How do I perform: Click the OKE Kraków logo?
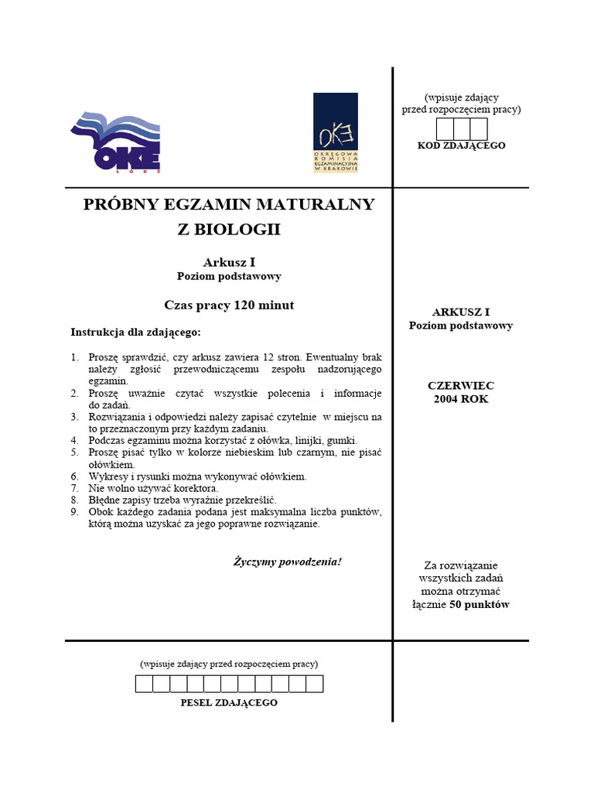tap(335, 132)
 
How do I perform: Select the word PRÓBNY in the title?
tap(121, 204)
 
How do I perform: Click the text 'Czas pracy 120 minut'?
tap(229, 305)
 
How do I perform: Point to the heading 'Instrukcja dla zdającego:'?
tap(135, 332)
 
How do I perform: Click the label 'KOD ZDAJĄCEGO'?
tap(461, 145)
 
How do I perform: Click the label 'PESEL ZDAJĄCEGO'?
tap(228, 702)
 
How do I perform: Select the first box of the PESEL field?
tap(144, 684)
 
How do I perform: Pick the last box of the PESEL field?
tap(314, 684)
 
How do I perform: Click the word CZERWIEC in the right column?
tap(461, 385)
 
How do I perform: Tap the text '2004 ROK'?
tap(461, 399)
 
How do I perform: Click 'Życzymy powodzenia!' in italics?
tap(287, 561)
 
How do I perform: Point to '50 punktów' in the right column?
tap(480, 605)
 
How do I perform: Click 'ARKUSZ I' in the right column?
tap(461, 312)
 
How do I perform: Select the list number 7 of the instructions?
tap(74, 489)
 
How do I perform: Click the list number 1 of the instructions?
tap(74, 357)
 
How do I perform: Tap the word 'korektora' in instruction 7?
tap(196, 489)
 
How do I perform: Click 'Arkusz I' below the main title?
tap(229, 262)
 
